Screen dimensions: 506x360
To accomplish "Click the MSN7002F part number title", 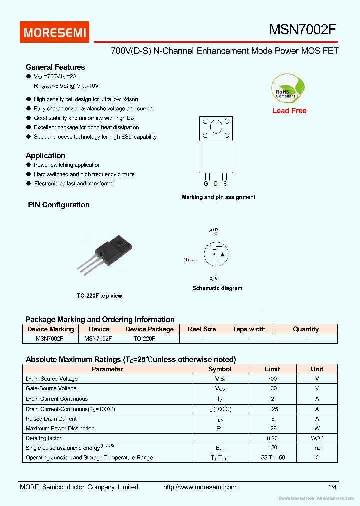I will pyautogui.click(x=302, y=30).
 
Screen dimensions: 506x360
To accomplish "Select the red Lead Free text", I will pyautogui.click(x=289, y=111).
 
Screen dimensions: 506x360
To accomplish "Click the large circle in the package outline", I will pyautogui.click(x=216, y=127).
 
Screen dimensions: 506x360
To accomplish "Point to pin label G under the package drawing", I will pyautogui.click(x=206, y=184).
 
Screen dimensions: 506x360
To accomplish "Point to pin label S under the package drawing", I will pyautogui.click(x=225, y=184).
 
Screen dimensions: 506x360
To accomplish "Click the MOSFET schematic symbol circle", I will pyautogui.click(x=216, y=255).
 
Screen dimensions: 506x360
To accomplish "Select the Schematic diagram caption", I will pyautogui.click(x=217, y=288).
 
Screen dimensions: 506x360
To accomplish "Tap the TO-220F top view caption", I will pyautogui.click(x=99, y=296).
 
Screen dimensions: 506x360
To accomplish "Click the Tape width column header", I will pyautogui.click(x=249, y=329).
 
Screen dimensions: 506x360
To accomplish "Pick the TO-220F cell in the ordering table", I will pyautogui.click(x=144, y=339).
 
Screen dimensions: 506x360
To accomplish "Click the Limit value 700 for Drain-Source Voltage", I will pyautogui.click(x=272, y=379).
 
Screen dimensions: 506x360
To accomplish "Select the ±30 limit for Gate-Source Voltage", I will pyautogui.click(x=272, y=388).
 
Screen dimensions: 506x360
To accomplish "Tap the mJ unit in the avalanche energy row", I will pyautogui.click(x=317, y=448).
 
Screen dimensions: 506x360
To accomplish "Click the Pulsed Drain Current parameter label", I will pyautogui.click(x=51, y=419).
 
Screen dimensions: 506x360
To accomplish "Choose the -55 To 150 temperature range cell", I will pyautogui.click(x=272, y=458).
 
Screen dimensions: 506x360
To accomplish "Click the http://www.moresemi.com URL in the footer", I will pyautogui.click(x=200, y=487).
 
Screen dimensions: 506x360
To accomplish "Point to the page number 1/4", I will pyautogui.click(x=333, y=487).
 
